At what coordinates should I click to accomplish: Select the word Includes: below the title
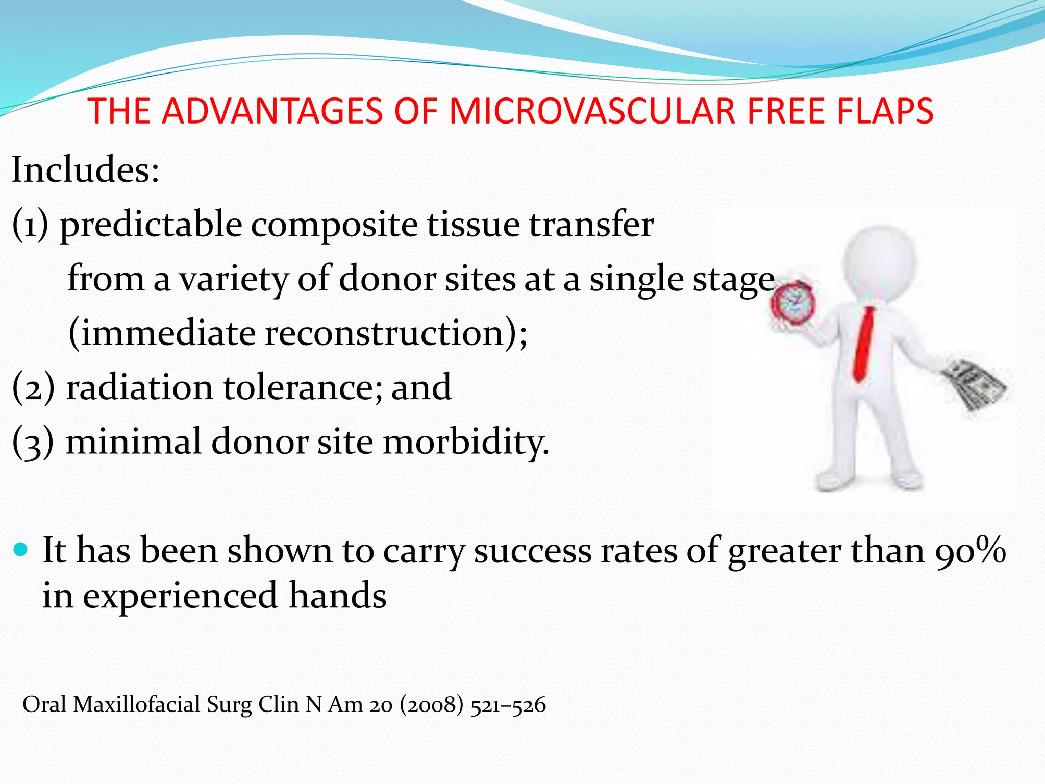85,170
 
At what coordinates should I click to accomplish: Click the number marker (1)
30,225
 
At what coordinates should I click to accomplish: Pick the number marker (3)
33,443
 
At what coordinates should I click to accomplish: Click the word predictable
151,225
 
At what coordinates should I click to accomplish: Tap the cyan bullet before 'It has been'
21,550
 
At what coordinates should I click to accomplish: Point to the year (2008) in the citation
432,705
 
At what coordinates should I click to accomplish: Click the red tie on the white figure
864,345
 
